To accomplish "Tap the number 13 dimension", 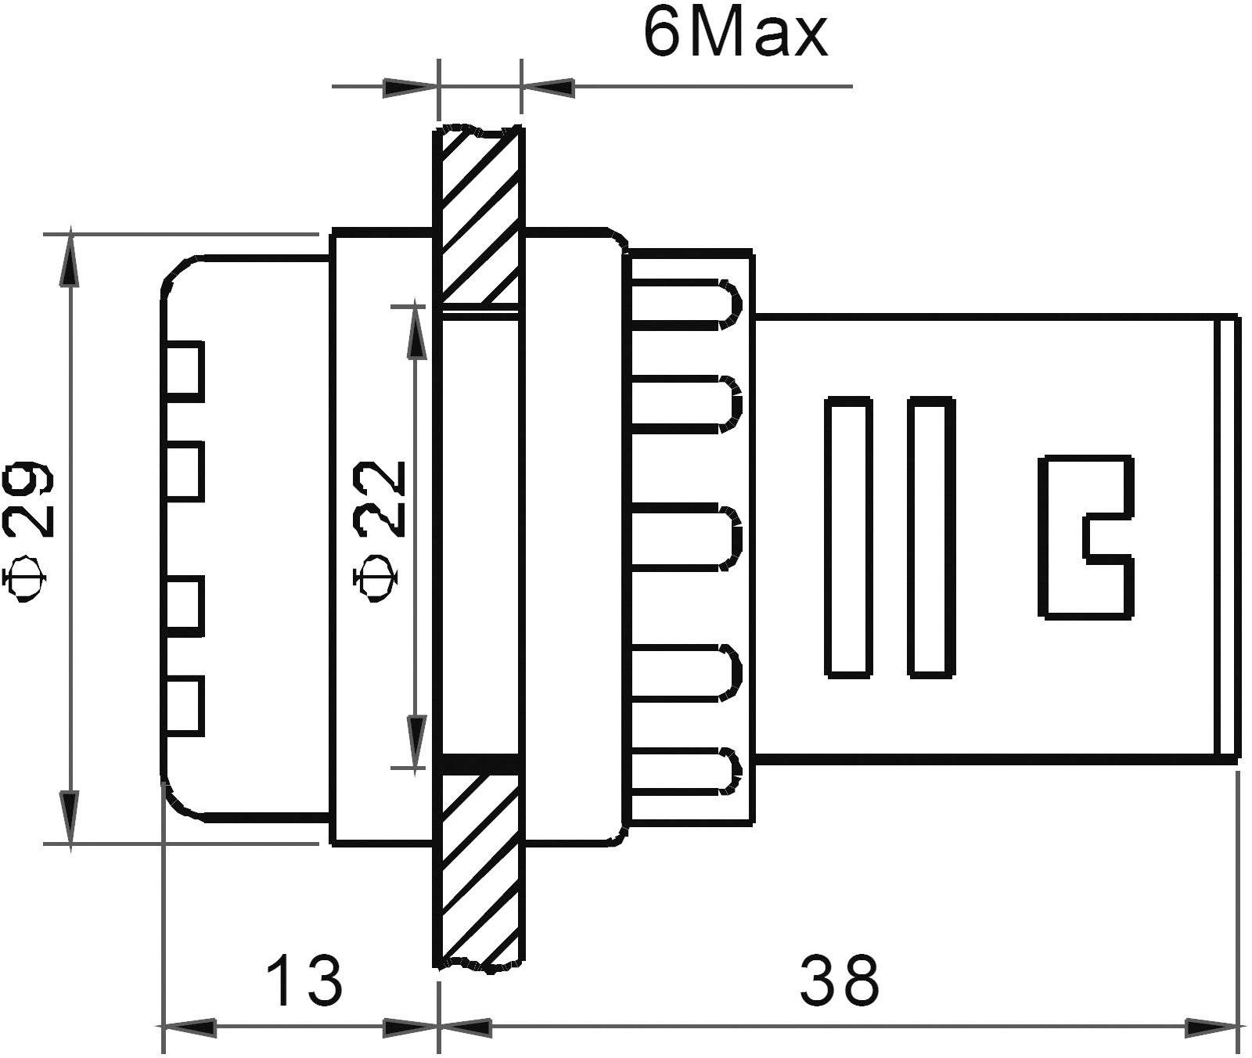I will click(304, 981).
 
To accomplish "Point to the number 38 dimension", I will click(840, 981).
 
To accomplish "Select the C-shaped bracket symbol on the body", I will click(1085, 537).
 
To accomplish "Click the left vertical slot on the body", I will click(849, 537).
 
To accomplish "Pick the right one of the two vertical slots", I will click(931, 537).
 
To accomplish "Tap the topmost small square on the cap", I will click(185, 371).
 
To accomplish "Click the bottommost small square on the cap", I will click(185, 707).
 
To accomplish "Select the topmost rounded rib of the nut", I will click(685, 300).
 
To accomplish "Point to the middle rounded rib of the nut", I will click(685, 537).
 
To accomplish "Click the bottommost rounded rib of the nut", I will click(685, 772).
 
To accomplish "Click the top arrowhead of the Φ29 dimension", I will click(70, 258).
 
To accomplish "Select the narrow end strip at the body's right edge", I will click(1229, 537).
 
